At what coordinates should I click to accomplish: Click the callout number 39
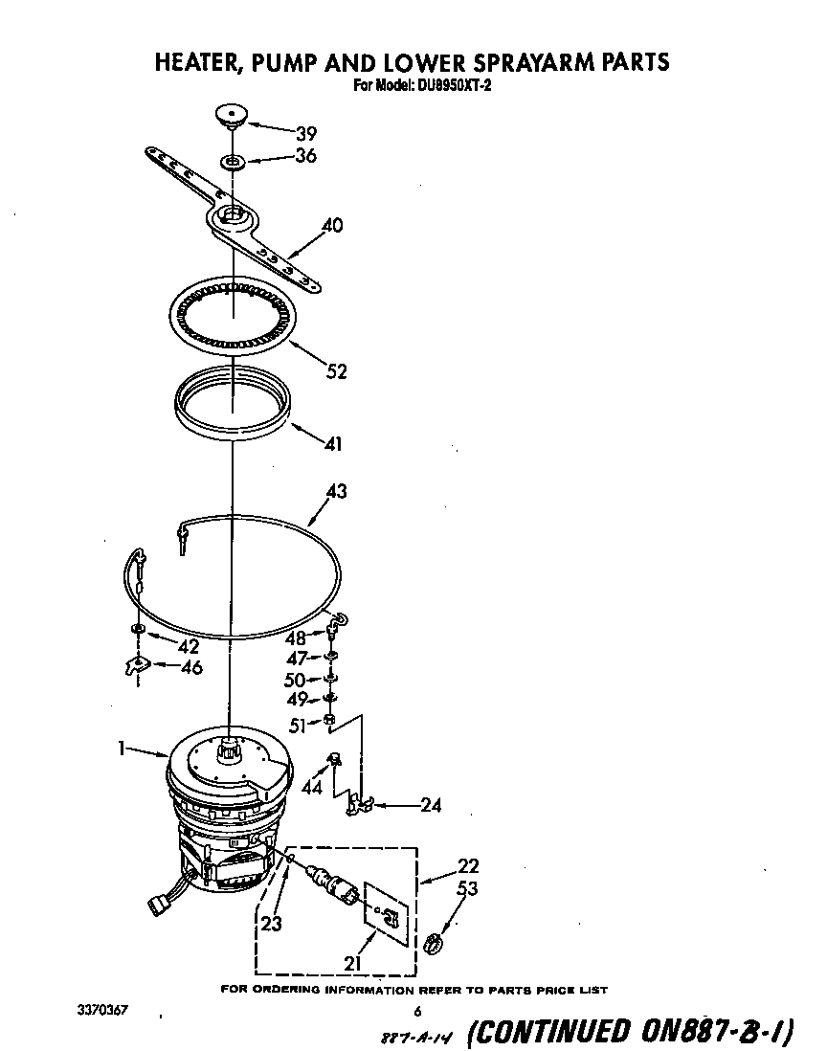(305, 134)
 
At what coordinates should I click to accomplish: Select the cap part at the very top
(229, 116)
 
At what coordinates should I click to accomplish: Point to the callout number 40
(331, 227)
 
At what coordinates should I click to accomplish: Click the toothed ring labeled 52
(232, 317)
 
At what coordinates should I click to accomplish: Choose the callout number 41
(332, 444)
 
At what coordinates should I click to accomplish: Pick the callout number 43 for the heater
(336, 492)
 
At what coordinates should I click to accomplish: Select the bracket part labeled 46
(137, 665)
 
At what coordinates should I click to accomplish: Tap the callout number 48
(297, 637)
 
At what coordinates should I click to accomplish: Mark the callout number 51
(297, 726)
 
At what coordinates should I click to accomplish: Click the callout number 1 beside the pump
(122, 750)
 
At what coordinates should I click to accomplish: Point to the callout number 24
(431, 805)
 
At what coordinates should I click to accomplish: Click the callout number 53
(467, 889)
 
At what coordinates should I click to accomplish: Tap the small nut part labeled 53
(432, 943)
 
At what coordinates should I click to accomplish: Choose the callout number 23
(272, 925)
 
